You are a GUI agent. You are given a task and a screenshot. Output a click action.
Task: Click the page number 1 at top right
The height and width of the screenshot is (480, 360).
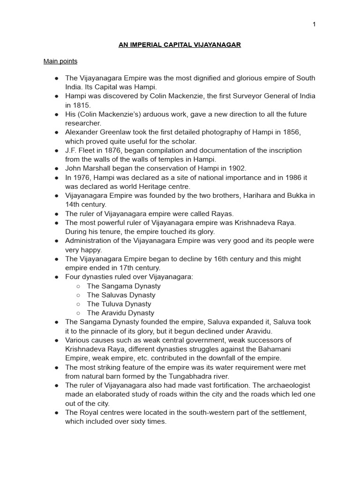pos(314,24)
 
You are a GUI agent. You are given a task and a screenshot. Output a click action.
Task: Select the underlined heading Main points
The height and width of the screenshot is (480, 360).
pos(60,61)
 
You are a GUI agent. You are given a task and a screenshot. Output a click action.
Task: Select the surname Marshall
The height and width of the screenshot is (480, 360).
pos(99,168)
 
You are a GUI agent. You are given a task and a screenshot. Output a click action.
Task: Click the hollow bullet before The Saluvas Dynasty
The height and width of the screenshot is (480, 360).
pos(78,295)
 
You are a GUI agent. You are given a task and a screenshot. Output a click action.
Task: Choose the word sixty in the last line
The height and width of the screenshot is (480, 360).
pos(138,421)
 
